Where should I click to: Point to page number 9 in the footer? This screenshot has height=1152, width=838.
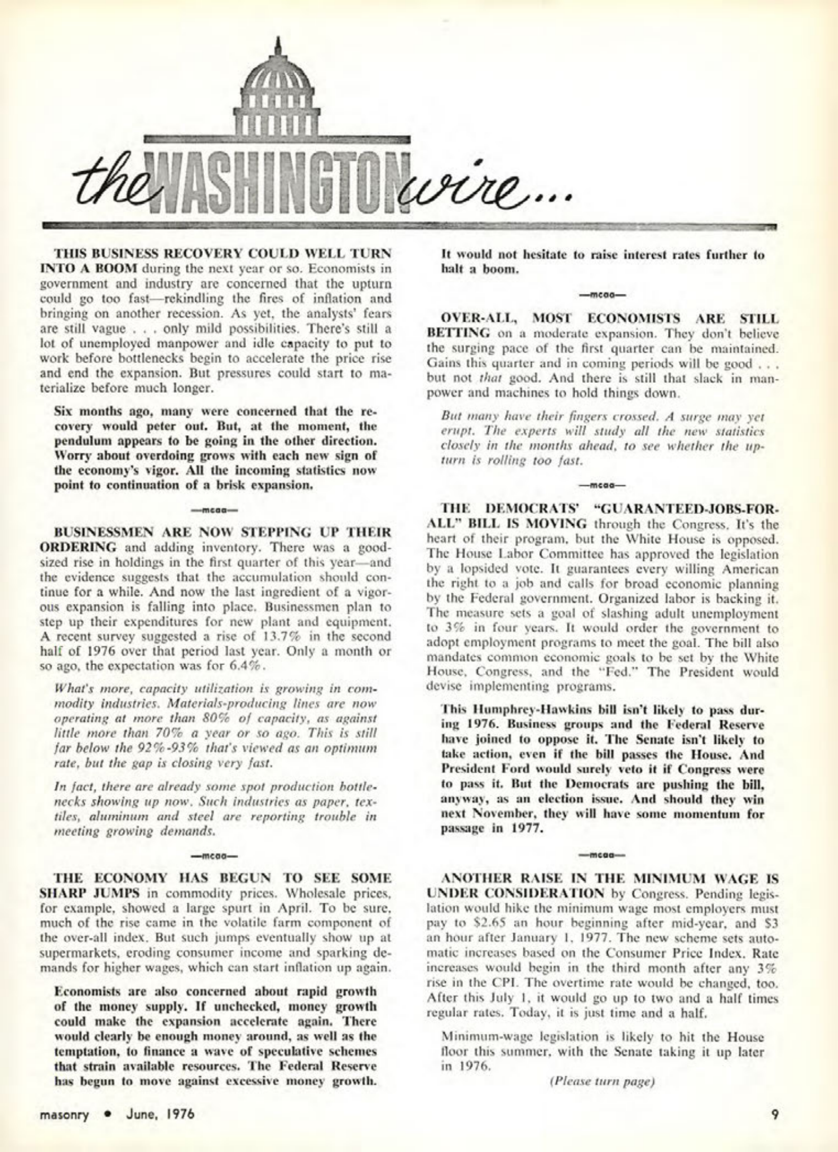(775, 1114)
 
